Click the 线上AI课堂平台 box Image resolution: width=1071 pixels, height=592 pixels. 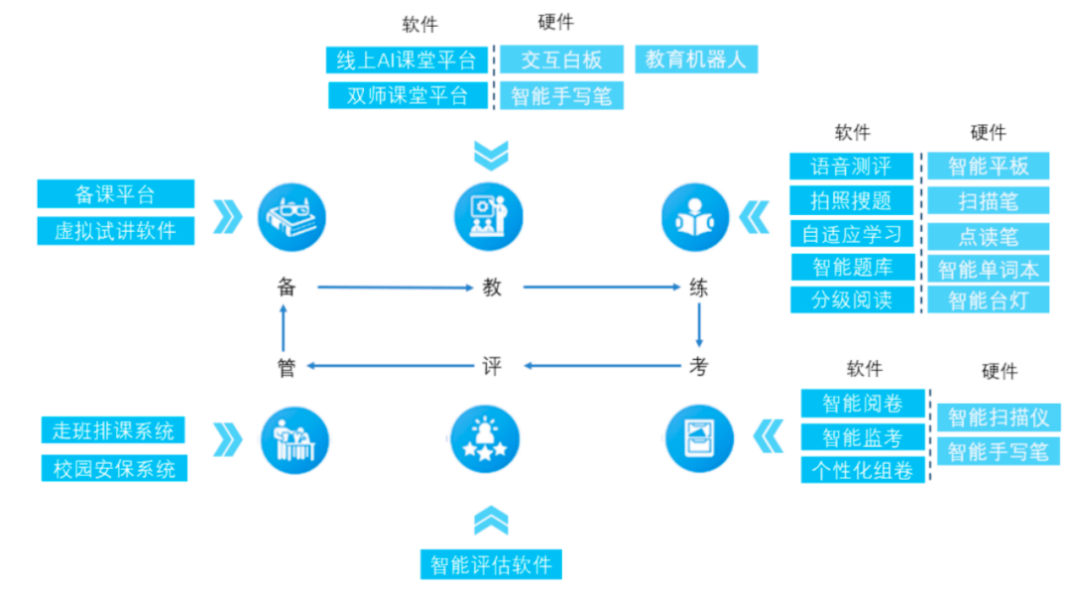coord(407,59)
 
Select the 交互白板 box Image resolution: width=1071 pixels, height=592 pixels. coord(561,59)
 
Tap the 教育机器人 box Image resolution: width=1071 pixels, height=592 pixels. coord(696,59)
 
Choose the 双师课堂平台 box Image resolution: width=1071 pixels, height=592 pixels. coord(407,95)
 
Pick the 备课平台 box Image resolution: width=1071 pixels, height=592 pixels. coord(115,193)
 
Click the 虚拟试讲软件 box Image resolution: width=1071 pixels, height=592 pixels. coord(115,230)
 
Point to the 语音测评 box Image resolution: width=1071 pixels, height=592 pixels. coord(851,166)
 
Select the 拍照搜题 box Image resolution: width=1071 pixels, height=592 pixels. coord(851,200)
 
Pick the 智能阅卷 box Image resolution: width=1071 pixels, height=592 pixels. coord(862,403)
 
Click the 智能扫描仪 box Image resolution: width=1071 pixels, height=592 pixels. coord(998,416)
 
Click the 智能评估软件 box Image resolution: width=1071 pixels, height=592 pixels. coord(491,564)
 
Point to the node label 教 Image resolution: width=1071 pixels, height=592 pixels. coord(492,288)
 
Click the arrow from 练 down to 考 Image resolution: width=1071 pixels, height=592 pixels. coord(699,326)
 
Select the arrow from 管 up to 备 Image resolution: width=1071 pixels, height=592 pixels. coord(286,326)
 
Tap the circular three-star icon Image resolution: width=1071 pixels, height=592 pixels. coord(491,439)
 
